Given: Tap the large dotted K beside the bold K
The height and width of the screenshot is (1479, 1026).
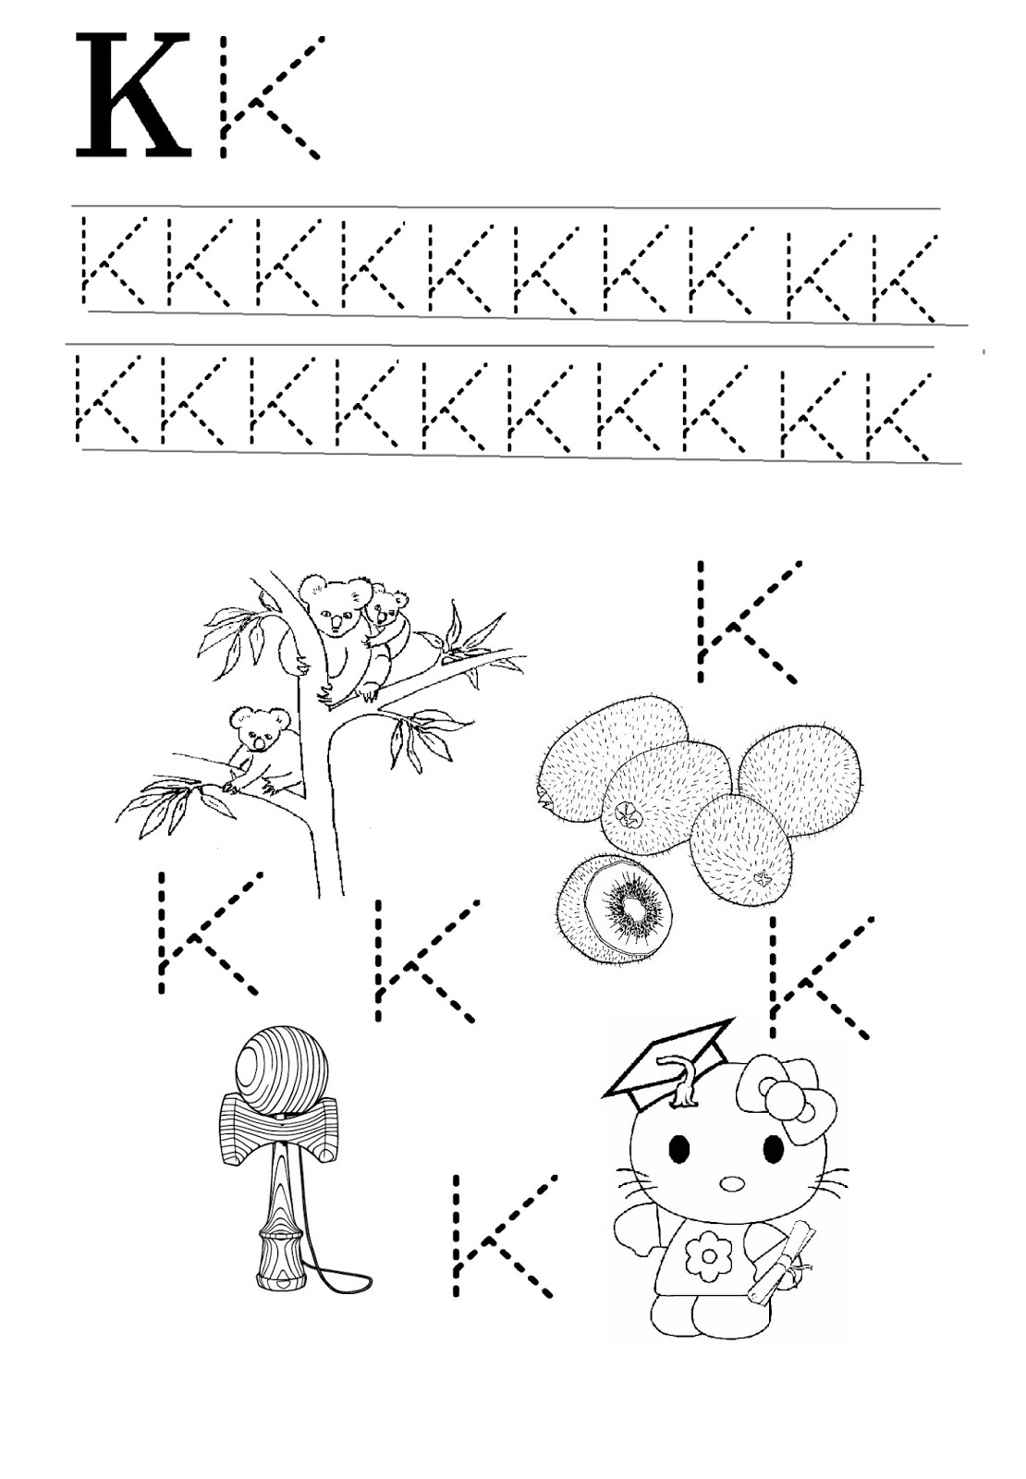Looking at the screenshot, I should coord(268,97).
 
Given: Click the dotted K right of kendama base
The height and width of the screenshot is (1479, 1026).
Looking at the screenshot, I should coord(499,1234).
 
